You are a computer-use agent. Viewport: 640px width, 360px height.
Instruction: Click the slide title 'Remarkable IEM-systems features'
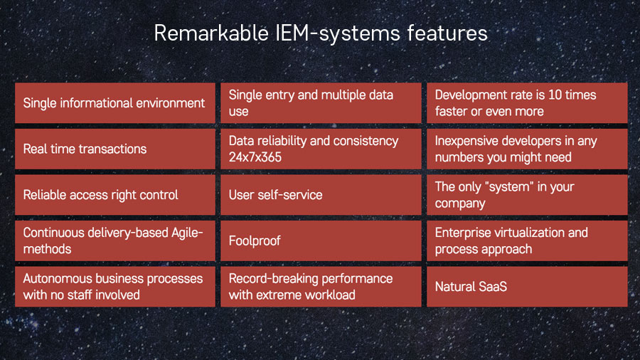point(320,33)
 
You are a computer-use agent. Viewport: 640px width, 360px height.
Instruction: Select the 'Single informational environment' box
point(114,103)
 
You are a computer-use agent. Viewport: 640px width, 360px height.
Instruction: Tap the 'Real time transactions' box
point(114,149)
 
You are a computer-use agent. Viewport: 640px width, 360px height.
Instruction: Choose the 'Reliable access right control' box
point(114,195)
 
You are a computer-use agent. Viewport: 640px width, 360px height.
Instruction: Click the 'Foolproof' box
point(320,240)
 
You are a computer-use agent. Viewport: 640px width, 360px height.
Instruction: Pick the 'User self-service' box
point(320,195)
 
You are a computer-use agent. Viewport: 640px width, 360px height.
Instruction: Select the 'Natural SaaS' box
point(527,287)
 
